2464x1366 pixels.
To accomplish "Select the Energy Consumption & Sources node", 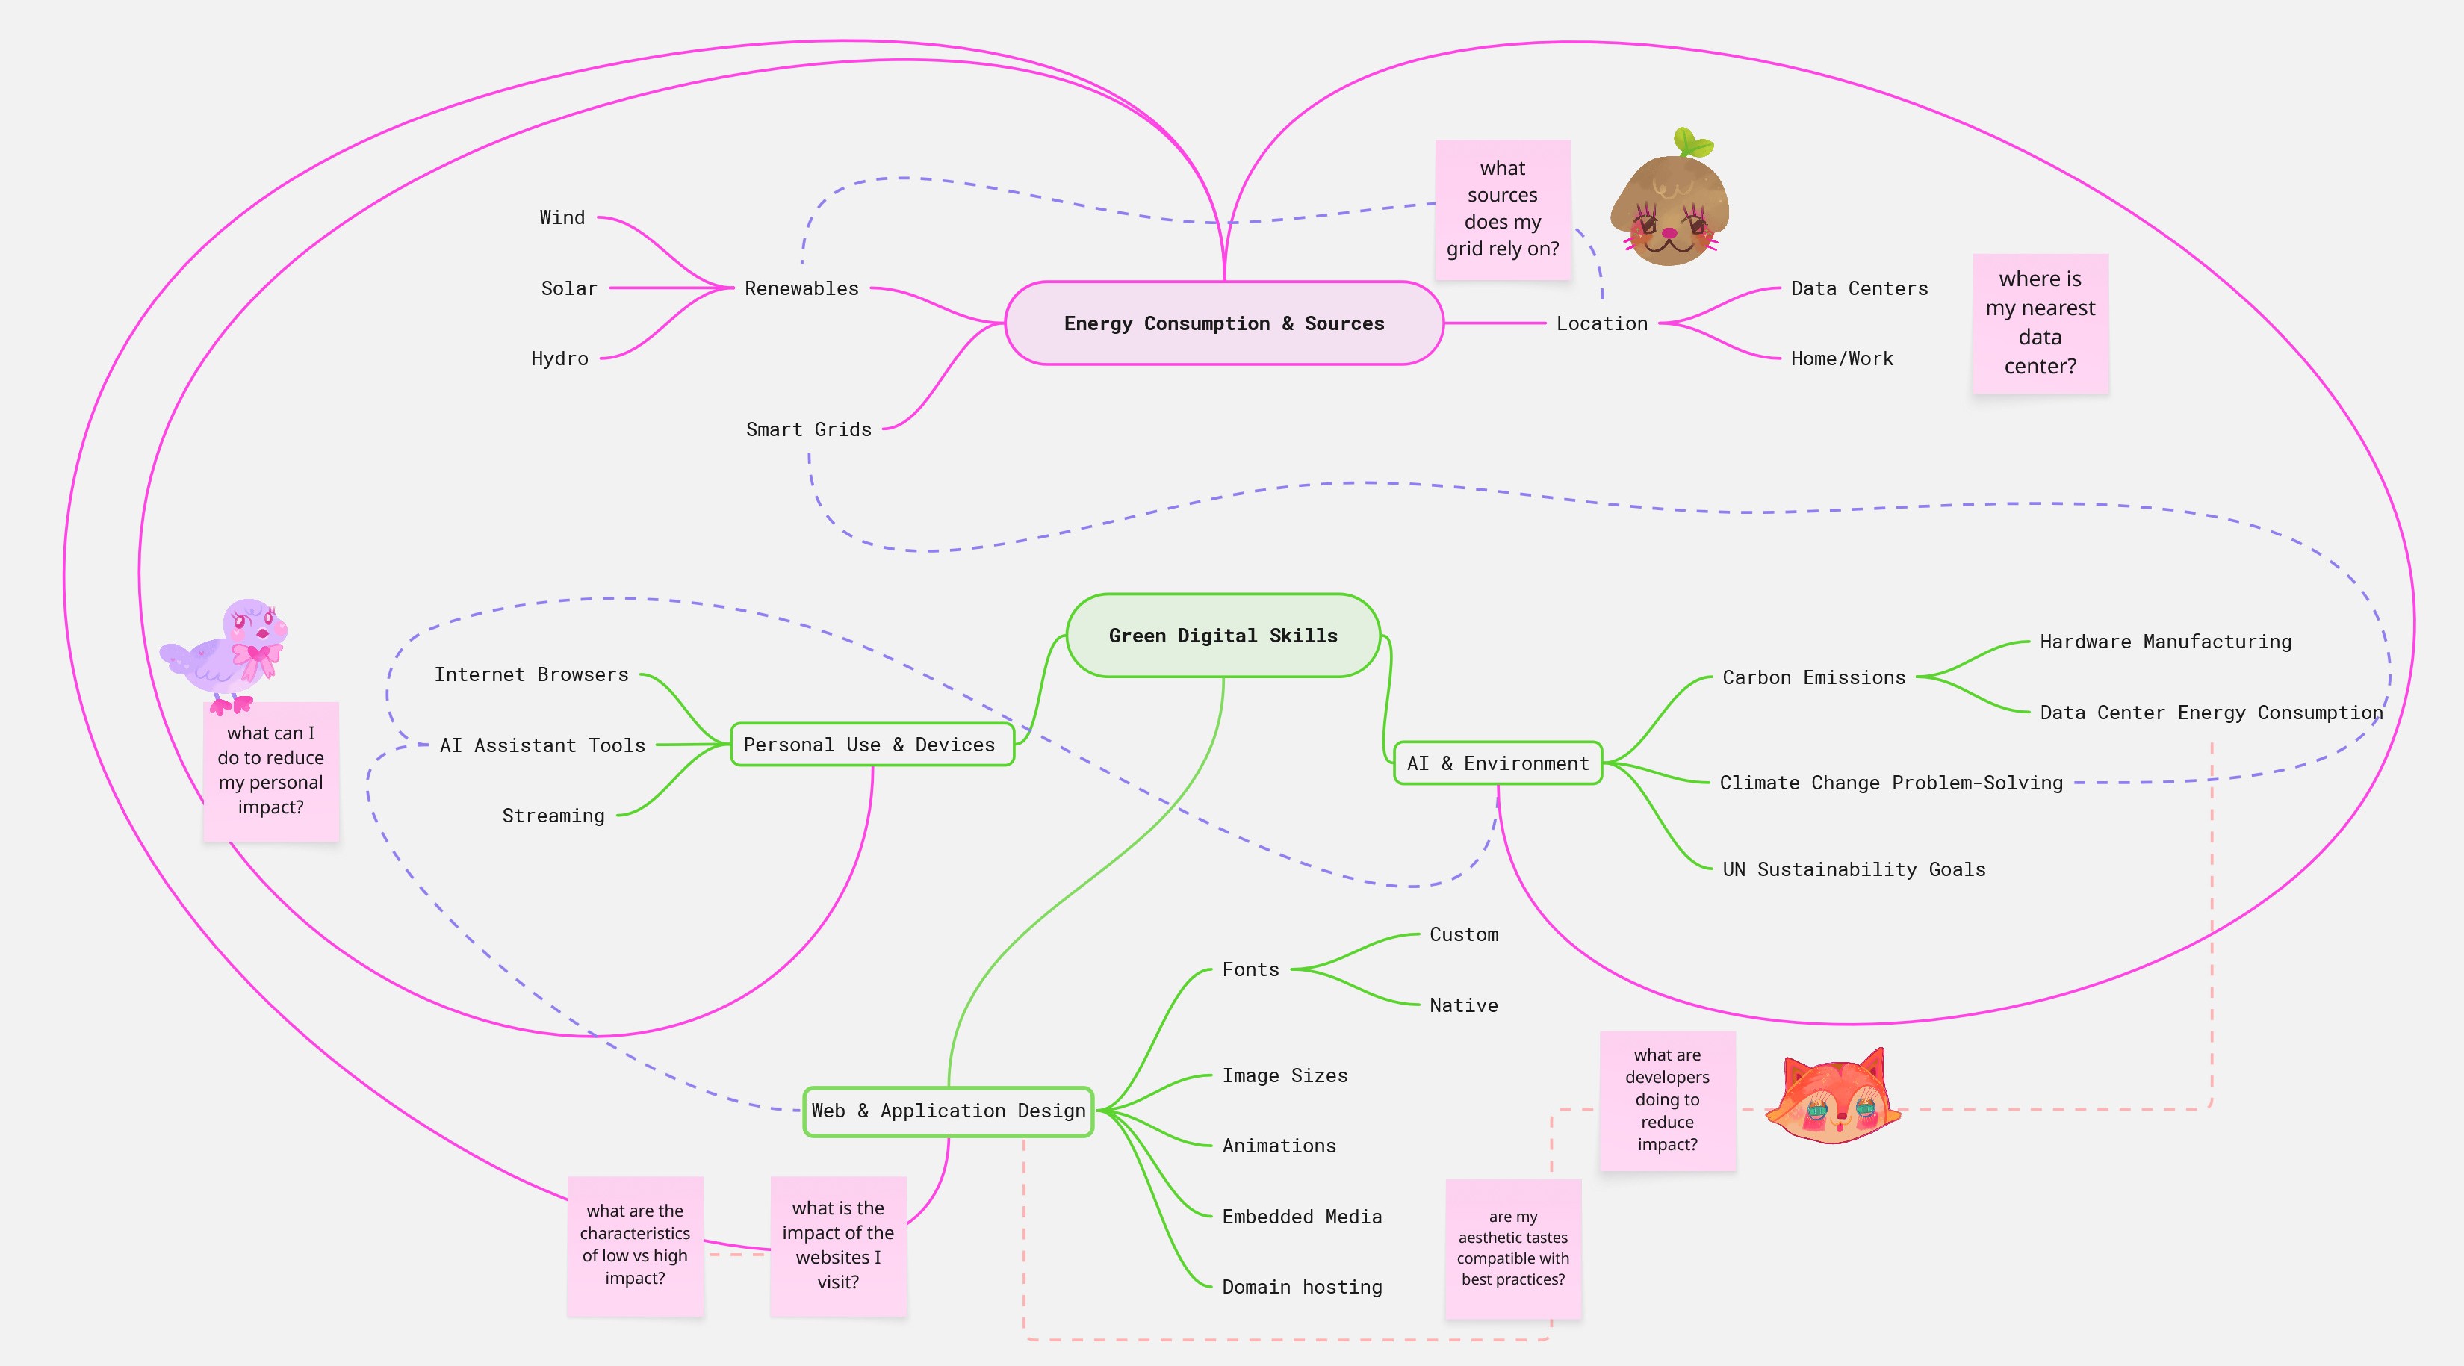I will pyautogui.click(x=1223, y=323).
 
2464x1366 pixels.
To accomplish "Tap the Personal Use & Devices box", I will pyautogui.click(x=870, y=744).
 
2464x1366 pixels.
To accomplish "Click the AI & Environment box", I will pyautogui.click(x=1497, y=763).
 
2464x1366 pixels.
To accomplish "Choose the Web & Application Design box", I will pyautogui.click(x=948, y=1111).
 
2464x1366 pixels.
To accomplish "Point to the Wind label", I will pyautogui.click(x=562, y=218).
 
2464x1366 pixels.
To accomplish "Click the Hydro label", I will pyautogui.click(x=559, y=358).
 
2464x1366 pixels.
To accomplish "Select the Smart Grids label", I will pyautogui.click(x=808, y=429).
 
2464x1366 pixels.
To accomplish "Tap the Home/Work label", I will pyautogui.click(x=1841, y=358).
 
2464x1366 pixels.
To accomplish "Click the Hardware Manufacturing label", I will pyautogui.click(x=2164, y=642).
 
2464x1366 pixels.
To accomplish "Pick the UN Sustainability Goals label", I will pyautogui.click(x=1853, y=869).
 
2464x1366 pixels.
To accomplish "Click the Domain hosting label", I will pyautogui.click(x=1302, y=1287).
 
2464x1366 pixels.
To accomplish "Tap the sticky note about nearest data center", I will pyautogui.click(x=2041, y=323).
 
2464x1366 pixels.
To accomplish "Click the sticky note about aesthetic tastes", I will pyautogui.click(x=1512, y=1248).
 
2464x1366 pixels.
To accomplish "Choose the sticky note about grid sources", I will pyautogui.click(x=1502, y=208).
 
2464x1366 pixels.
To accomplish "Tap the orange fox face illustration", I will pyautogui.click(x=1833, y=1098).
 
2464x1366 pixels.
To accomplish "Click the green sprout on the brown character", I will pyautogui.click(x=1694, y=143).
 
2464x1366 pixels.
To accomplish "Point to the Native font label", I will pyautogui.click(x=1463, y=1005).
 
